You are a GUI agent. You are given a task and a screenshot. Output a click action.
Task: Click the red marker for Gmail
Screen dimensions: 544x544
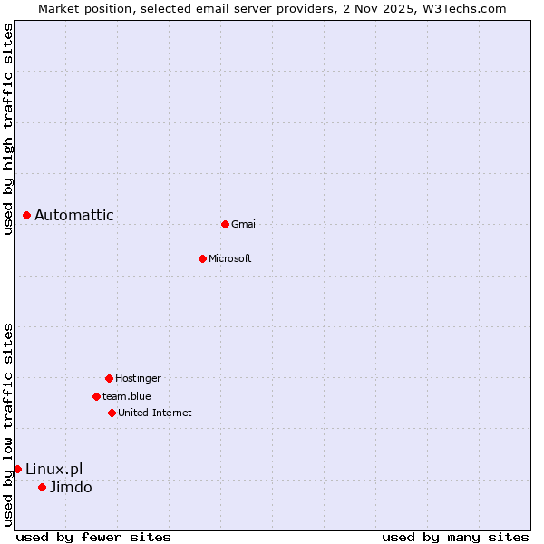coord(225,224)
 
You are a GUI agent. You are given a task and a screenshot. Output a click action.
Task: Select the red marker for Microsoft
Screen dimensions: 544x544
coord(202,258)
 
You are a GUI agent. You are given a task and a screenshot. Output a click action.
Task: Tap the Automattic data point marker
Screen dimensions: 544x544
coord(26,215)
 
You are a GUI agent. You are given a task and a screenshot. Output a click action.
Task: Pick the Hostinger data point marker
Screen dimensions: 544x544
coord(109,378)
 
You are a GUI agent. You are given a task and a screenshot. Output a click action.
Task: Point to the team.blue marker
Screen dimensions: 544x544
coord(96,396)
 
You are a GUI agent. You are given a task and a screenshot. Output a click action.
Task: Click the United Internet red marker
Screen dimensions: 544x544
coord(112,413)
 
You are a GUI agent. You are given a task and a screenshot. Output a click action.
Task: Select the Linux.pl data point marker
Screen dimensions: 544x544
coord(17,469)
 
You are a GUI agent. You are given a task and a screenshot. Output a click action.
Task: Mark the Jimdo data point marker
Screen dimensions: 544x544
coord(42,487)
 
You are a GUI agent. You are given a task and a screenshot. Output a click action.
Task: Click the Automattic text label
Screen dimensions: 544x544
coord(74,215)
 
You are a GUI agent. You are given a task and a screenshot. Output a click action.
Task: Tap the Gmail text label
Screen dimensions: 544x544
coord(245,224)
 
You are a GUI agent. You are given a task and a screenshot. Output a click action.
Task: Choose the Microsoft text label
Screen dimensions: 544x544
coord(230,258)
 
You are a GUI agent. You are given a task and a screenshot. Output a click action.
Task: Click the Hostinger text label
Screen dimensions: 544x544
coord(138,378)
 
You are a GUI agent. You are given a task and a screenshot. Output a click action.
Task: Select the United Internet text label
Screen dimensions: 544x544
coord(155,413)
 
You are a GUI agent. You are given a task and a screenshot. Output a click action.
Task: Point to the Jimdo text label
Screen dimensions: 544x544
coord(71,487)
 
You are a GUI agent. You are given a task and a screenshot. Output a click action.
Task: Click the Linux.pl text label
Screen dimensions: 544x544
coord(53,469)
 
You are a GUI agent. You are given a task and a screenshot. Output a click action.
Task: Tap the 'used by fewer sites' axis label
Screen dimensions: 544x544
coord(93,537)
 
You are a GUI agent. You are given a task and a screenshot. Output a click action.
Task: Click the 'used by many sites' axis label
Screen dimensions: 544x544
coord(455,537)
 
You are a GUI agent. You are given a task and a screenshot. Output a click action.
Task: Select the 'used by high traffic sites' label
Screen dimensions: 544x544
coord(8,129)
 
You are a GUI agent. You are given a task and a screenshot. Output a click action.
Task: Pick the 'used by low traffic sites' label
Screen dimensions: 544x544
coord(8,424)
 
